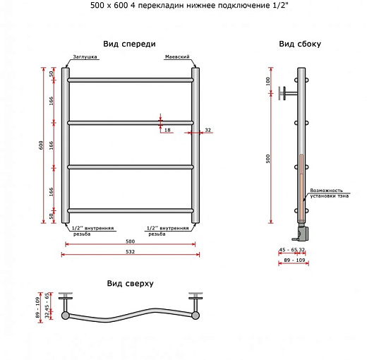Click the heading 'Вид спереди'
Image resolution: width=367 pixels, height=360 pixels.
click(x=129, y=44)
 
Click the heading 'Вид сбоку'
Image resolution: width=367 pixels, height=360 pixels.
click(x=299, y=44)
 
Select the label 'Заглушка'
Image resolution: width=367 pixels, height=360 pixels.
click(x=84, y=58)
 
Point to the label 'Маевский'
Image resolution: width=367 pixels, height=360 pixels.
click(x=176, y=58)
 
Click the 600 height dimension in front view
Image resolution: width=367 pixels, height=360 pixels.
click(x=42, y=145)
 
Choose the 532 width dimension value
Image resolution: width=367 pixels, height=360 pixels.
click(x=130, y=251)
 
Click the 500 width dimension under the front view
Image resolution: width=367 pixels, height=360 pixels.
click(x=130, y=241)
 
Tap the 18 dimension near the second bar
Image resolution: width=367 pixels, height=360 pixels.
click(x=167, y=131)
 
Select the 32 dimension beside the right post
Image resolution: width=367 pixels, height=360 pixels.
click(x=207, y=131)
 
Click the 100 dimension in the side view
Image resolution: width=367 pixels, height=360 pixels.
click(x=268, y=82)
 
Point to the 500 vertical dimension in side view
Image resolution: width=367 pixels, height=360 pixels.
click(x=268, y=160)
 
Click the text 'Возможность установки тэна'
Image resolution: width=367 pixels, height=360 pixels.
click(x=329, y=193)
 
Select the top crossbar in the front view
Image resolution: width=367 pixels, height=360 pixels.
click(x=130, y=80)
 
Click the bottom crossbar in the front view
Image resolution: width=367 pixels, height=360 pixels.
click(x=130, y=210)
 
